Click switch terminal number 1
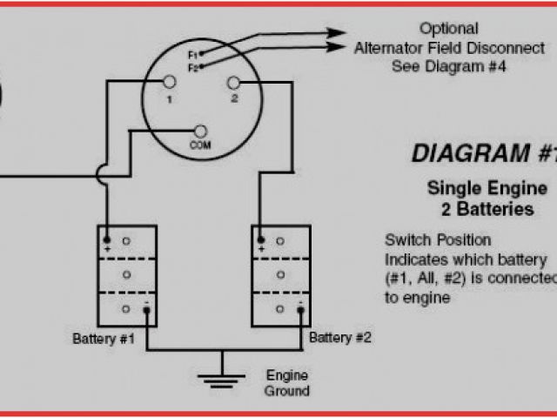171,82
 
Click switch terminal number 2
232,82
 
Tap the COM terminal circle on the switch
200,130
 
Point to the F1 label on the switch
192,55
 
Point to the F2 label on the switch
192,66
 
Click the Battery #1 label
104,337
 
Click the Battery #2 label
340,337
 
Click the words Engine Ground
286,382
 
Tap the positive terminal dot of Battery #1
106,239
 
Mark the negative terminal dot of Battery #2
300,309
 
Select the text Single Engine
487,188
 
